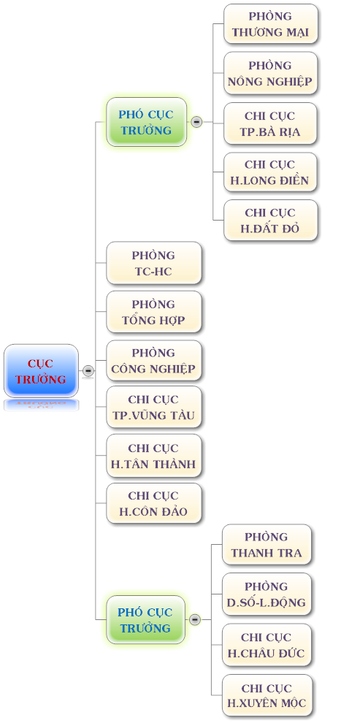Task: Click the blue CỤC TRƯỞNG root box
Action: coord(41,371)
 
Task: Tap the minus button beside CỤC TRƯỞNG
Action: coord(88,371)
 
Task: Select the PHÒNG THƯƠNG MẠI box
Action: coord(271,24)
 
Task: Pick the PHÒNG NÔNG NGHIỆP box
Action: coord(271,73)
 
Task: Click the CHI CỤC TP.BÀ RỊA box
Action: coord(271,123)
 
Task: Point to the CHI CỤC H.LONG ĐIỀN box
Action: coord(271,172)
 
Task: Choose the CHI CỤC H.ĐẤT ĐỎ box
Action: coord(271,220)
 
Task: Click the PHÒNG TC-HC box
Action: coord(154,263)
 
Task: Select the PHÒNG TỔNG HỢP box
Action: coord(154,312)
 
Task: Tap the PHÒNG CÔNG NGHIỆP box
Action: coord(154,361)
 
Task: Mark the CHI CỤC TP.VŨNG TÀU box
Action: coord(154,408)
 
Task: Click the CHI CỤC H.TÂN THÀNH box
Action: coord(154,456)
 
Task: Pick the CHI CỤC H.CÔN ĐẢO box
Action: coord(154,503)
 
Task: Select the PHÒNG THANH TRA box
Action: coord(267,545)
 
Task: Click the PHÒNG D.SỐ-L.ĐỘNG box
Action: coord(267,594)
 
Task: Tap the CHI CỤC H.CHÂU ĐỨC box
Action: coord(267,645)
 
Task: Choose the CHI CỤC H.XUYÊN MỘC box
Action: coord(267,695)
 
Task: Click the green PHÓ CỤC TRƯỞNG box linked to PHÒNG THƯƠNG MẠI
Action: coord(147,122)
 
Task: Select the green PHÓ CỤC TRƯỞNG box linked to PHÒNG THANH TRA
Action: coord(145,620)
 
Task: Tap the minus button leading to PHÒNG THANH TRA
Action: coord(195,620)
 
